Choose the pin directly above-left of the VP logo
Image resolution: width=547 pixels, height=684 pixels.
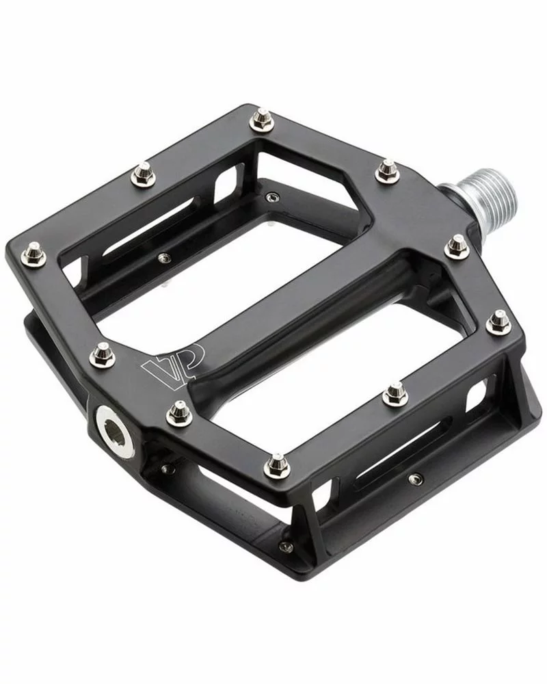[103, 354]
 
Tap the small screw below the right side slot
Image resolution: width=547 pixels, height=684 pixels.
[412, 479]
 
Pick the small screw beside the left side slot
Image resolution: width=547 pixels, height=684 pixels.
[163, 257]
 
